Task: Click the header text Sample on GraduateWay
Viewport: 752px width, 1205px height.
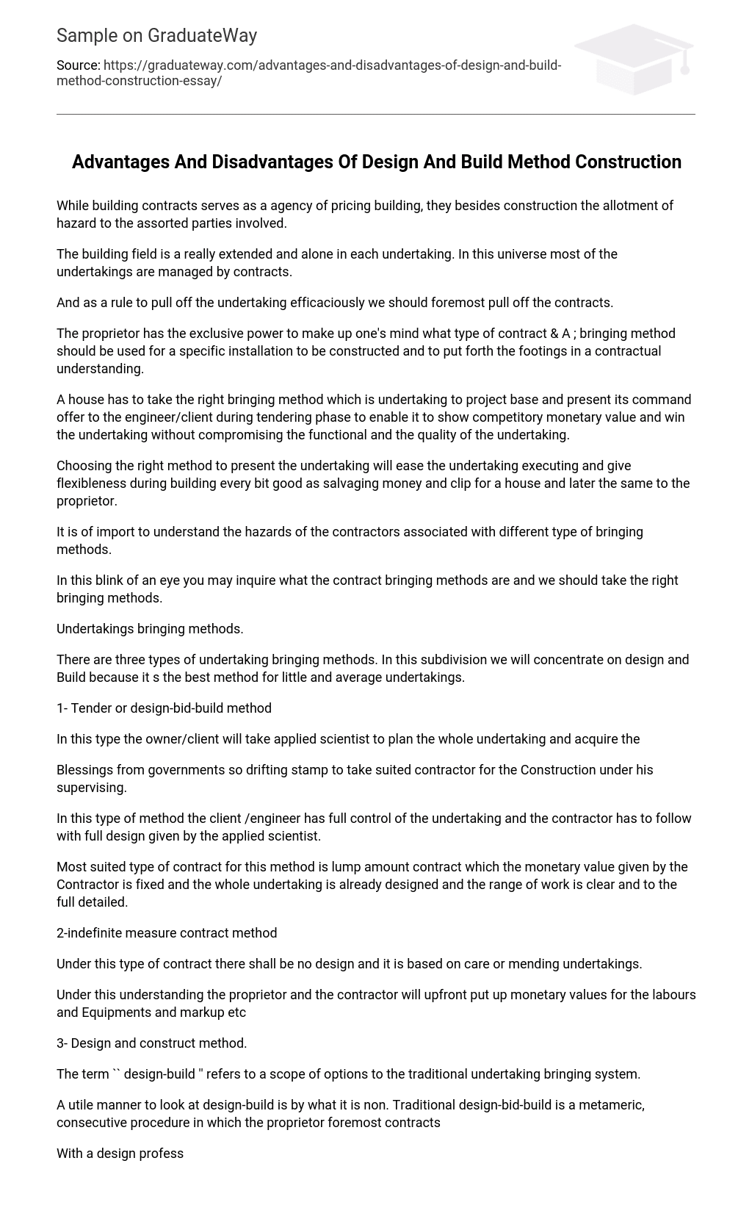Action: click(156, 35)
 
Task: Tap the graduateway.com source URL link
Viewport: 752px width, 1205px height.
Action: click(308, 73)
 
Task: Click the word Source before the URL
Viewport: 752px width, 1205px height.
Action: click(78, 65)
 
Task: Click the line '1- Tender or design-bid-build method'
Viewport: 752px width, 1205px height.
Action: click(164, 708)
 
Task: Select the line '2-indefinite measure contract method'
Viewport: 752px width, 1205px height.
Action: click(167, 933)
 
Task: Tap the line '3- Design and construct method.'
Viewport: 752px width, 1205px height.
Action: click(151, 1043)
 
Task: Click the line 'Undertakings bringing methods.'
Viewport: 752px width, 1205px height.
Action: click(150, 629)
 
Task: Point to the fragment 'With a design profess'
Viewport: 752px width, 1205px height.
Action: click(120, 1154)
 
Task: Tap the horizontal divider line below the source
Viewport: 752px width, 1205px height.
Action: click(375, 114)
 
